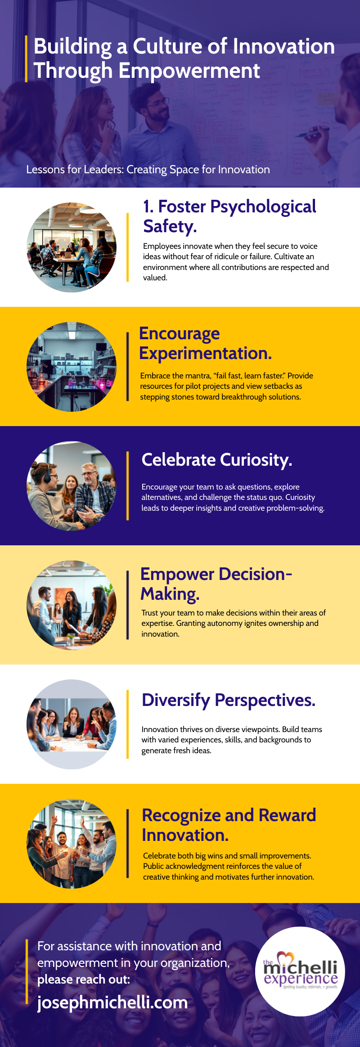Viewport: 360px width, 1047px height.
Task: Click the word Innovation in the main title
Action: click(x=283, y=46)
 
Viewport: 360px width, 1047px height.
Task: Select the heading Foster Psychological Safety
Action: click(x=229, y=216)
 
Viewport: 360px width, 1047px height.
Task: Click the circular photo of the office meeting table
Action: click(x=72, y=247)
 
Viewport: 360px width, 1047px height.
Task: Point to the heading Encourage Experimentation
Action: click(x=205, y=343)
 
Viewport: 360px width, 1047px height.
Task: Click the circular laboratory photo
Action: click(x=72, y=367)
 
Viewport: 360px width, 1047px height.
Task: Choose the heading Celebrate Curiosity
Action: click(x=217, y=460)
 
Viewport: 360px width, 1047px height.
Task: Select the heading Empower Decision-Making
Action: click(x=216, y=584)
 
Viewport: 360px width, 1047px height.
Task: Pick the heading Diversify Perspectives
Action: click(x=229, y=700)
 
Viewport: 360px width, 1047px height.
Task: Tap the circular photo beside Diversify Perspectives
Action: click(x=72, y=724)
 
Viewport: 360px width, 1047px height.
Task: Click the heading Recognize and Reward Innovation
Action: click(x=229, y=825)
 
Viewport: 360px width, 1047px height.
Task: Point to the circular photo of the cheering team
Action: click(x=72, y=844)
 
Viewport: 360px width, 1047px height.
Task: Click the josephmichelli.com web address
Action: click(x=112, y=1002)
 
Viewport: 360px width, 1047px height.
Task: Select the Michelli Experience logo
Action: click(x=300, y=971)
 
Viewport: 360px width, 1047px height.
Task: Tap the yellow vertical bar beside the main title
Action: click(x=26, y=58)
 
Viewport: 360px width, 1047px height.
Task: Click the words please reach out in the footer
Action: click(x=84, y=979)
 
